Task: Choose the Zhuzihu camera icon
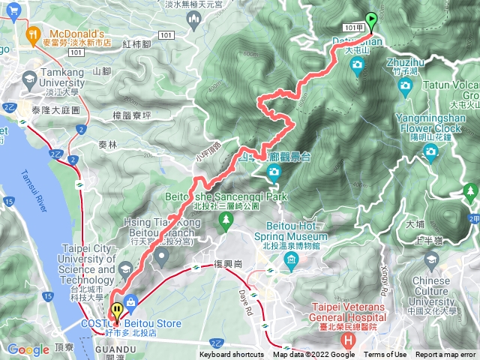406,85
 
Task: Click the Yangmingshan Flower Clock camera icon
430,152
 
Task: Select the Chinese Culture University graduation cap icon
430,259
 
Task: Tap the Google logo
28,349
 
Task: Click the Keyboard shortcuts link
232,355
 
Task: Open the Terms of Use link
386,355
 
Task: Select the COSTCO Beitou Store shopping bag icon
132,302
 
